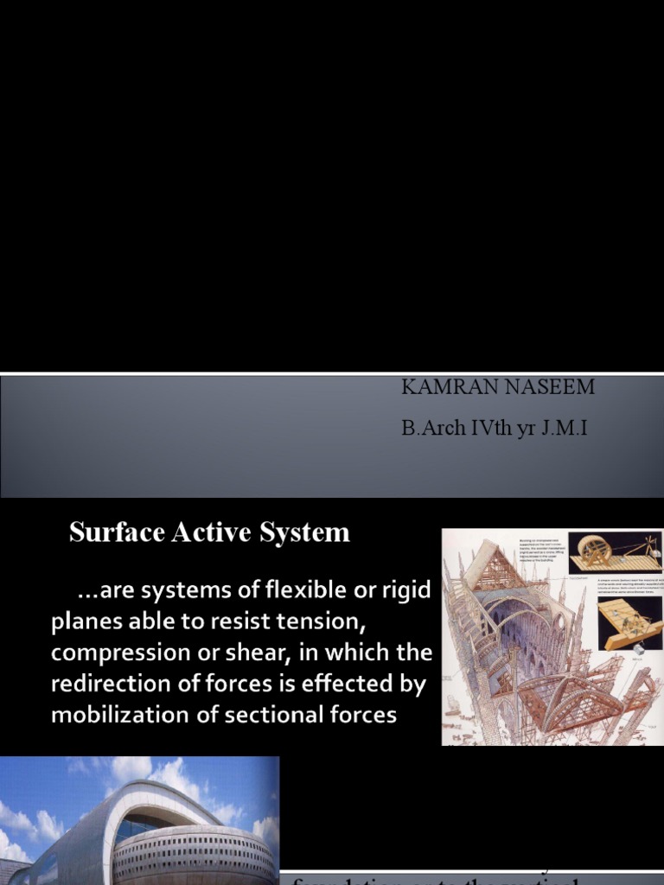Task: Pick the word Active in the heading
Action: [x=210, y=532]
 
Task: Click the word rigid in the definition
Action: [x=405, y=592]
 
